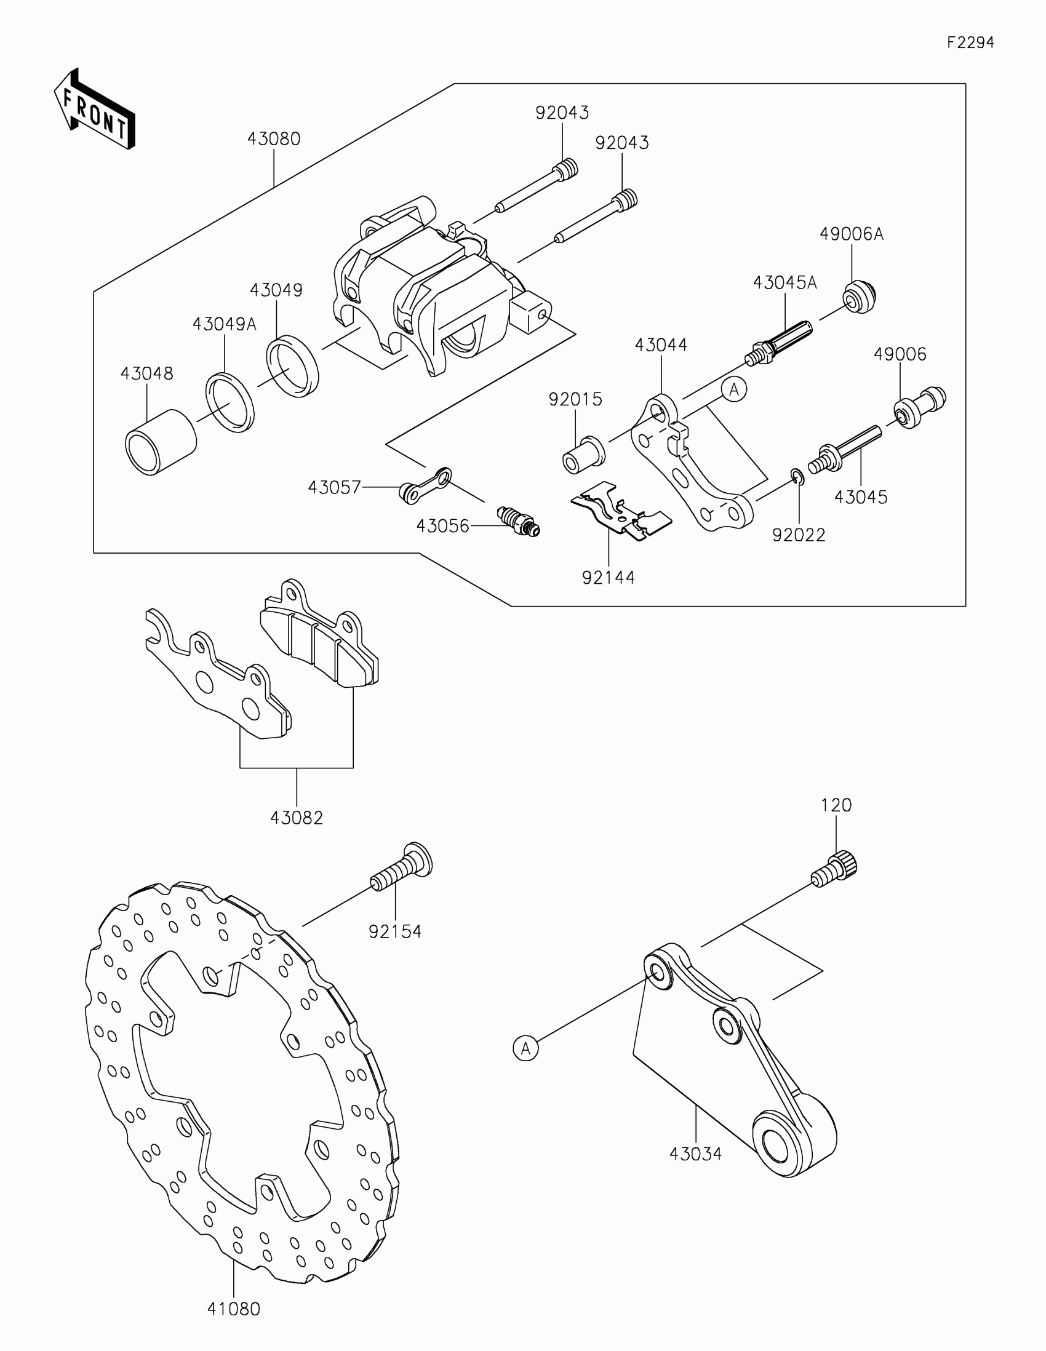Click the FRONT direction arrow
coord(94,110)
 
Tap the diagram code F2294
coord(970,42)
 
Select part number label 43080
coord(273,139)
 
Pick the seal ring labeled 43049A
coord(230,402)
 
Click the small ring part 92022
coord(797,476)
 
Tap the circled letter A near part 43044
coord(734,389)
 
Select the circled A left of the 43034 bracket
coord(526,1048)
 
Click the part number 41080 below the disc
coord(234,1309)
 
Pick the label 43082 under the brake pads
coord(297,818)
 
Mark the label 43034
coord(696,1154)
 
